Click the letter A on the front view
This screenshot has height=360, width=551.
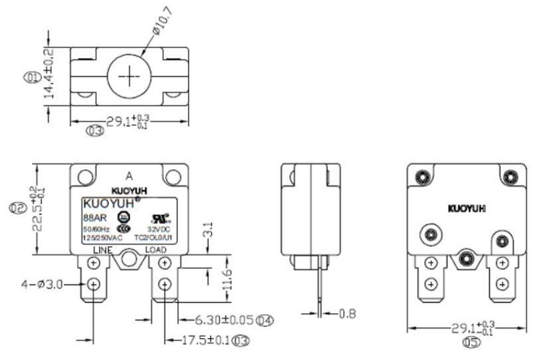coord(129,176)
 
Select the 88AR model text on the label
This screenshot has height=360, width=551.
coord(92,217)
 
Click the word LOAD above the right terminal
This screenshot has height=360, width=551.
coord(156,250)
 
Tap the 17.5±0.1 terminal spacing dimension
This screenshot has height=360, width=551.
coord(207,341)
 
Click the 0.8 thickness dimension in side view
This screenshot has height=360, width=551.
coord(348,313)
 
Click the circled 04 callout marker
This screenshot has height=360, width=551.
coord(266,321)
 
